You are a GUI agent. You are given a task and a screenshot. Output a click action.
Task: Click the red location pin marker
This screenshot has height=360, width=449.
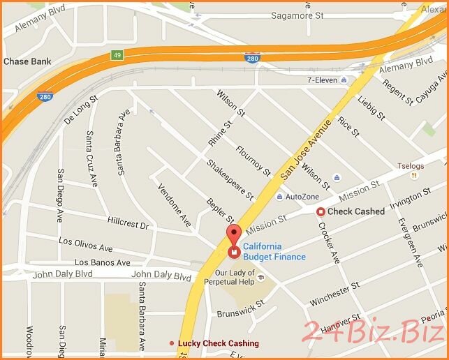(233, 234)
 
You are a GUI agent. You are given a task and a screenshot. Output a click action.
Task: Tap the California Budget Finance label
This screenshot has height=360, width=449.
(274, 252)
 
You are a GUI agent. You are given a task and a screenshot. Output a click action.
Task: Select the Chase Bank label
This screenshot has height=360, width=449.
(27, 62)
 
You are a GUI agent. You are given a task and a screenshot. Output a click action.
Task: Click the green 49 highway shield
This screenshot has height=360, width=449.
(116, 54)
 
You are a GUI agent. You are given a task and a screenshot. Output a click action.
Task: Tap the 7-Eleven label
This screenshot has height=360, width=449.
(322, 81)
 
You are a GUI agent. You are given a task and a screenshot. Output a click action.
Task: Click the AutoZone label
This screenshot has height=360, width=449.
(302, 197)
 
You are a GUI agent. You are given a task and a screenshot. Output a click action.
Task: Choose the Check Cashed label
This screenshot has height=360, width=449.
(355, 211)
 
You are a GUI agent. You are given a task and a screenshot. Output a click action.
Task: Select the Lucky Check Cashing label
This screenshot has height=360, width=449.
(218, 343)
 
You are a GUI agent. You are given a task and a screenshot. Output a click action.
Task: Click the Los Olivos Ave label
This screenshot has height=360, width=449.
(85, 244)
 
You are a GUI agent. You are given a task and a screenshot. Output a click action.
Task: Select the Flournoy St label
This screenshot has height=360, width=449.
(253, 158)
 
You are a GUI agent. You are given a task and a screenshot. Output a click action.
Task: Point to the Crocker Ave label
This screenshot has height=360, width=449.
(328, 241)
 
